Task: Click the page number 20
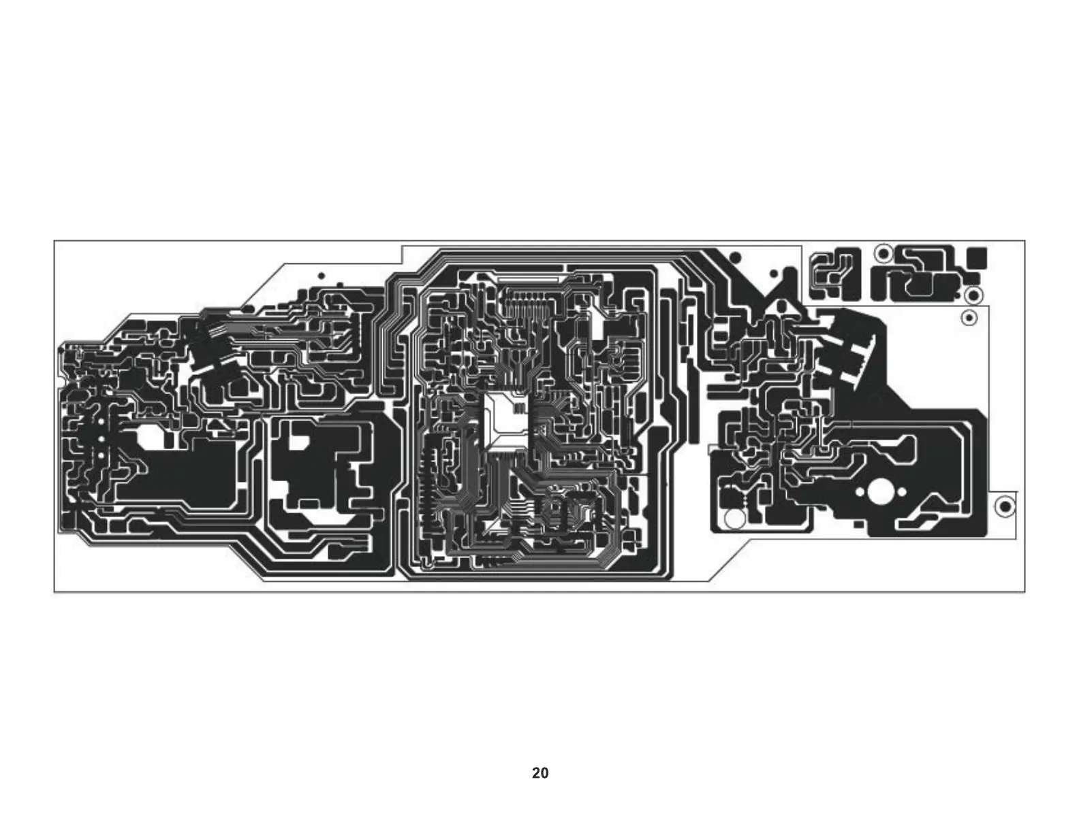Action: click(539, 773)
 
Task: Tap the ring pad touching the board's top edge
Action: click(883, 253)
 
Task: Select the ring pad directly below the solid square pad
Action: click(974, 295)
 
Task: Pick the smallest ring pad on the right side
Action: click(968, 317)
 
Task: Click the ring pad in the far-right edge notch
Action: click(1005, 507)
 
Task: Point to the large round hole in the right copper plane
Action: click(881, 491)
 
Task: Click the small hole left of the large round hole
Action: click(860, 491)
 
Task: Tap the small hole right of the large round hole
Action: click(902, 491)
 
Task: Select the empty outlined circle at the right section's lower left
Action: click(735, 519)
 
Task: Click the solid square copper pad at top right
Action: click(977, 257)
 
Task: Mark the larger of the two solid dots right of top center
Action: click(735, 257)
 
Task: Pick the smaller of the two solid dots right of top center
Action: click(774, 274)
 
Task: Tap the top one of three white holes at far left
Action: click(100, 423)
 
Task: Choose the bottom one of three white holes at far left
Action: click(100, 456)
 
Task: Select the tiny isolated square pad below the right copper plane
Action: click(858, 525)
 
